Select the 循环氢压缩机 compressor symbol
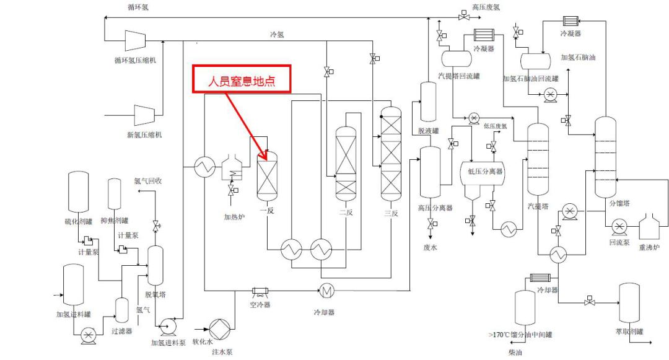[x=134, y=40]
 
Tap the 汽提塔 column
[x=538, y=160]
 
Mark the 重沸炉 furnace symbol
[x=650, y=227]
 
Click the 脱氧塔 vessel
[x=155, y=266]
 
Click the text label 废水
[x=430, y=247]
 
